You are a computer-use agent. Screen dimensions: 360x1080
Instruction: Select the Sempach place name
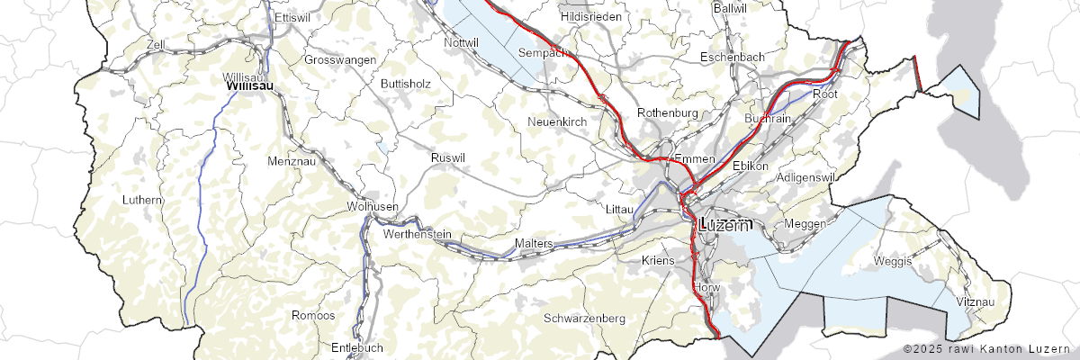(x=542, y=53)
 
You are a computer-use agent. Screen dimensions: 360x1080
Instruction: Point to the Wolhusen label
(x=372, y=206)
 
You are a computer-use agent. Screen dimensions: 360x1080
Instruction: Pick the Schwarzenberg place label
(x=584, y=319)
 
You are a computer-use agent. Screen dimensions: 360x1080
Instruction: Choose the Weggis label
(x=892, y=261)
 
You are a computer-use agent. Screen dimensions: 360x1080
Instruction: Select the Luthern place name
(x=144, y=199)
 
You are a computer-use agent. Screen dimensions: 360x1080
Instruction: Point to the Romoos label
(x=313, y=315)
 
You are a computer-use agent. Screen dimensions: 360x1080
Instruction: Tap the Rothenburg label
(x=667, y=112)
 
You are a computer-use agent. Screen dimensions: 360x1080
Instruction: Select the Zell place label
(x=156, y=43)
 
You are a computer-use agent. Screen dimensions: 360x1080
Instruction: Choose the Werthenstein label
(x=417, y=234)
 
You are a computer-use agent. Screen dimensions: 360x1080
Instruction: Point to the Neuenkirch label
(x=557, y=121)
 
